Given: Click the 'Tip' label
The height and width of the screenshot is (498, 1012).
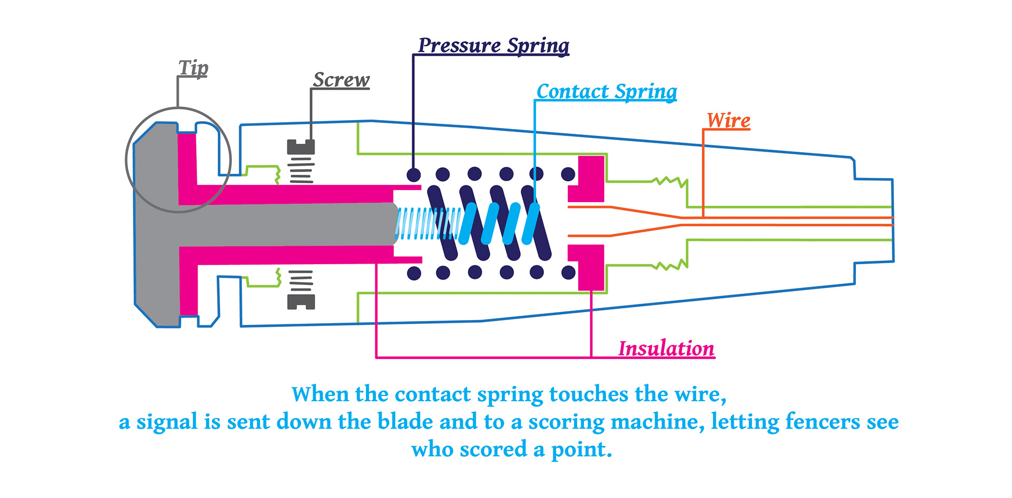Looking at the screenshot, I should coord(193,68).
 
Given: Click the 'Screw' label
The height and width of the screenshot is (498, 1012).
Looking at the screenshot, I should coord(341,80).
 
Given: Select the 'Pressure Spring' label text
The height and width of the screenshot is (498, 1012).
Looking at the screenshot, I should coord(493,45).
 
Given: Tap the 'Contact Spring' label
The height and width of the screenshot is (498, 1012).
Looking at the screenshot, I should coord(607,92).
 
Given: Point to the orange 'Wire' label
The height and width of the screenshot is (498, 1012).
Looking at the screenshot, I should coord(728,121).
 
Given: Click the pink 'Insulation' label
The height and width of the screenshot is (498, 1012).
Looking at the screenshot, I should coord(666,348).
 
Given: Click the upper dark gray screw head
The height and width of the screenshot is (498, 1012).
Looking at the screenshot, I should coord(301,146).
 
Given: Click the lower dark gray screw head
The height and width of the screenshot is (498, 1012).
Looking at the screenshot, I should coord(301,302).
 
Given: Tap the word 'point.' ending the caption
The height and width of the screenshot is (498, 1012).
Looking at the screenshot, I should coord(581,450).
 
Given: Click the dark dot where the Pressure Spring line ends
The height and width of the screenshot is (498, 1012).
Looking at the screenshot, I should coord(414,174).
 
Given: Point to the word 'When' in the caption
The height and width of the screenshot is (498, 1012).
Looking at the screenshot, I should coord(320,394).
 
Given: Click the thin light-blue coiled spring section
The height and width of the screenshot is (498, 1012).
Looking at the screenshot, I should coord(422,224).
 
